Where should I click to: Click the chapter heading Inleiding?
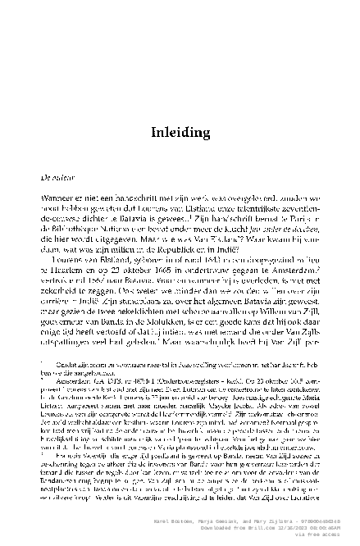180,133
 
